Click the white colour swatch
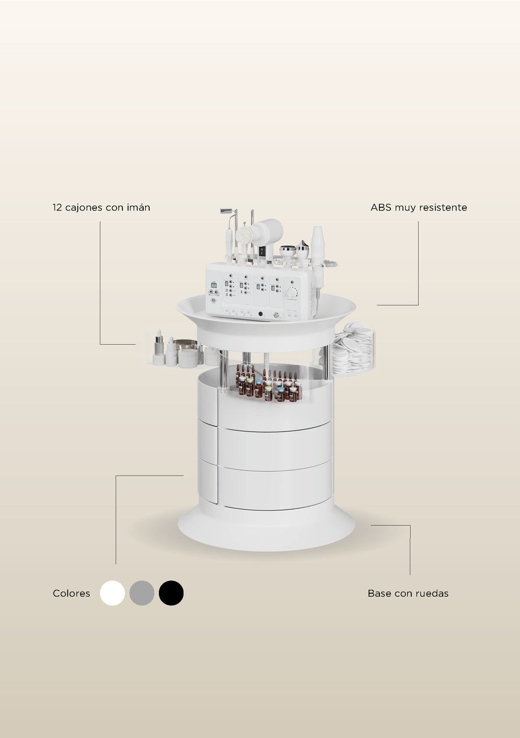[x=112, y=593]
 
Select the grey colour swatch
[x=142, y=593]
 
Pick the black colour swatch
[x=171, y=593]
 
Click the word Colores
[x=71, y=593]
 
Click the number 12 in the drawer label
[x=57, y=207]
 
